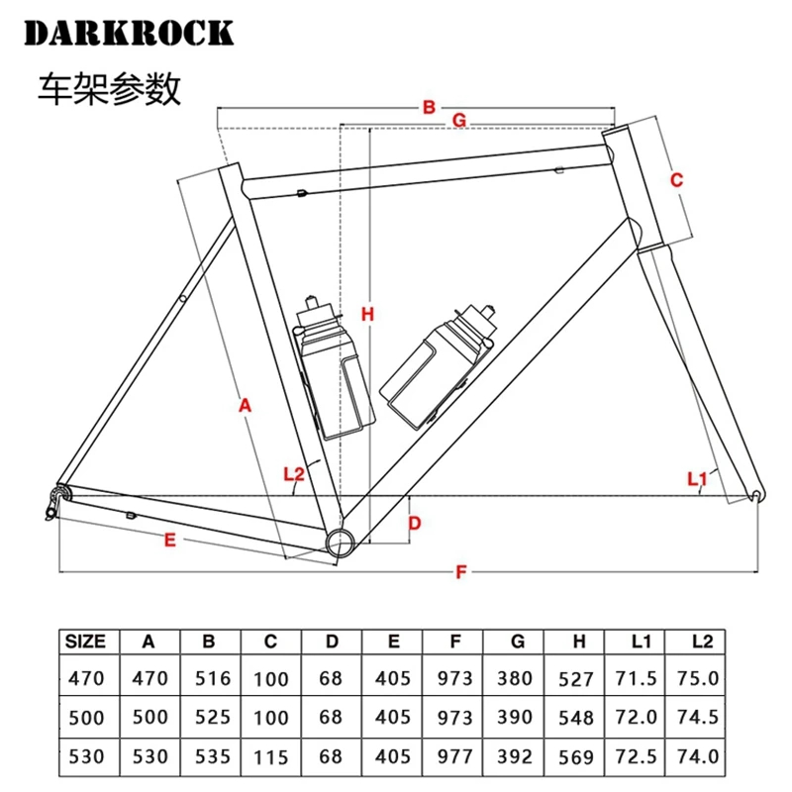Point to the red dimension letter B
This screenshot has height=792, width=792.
tap(429, 107)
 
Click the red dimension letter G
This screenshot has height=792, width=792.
tap(458, 120)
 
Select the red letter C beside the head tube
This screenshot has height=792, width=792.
tap(677, 180)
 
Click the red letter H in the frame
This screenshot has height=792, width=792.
tap(366, 315)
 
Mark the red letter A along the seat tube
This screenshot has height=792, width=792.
tap(246, 404)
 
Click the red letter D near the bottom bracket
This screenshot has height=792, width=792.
tap(416, 523)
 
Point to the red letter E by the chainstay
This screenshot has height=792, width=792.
tap(169, 540)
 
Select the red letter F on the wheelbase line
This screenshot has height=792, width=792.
tap(459, 572)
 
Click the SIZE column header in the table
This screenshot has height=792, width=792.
tap(85, 642)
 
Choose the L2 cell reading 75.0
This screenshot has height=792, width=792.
tap(704, 679)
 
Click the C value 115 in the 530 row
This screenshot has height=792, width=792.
tap(270, 757)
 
